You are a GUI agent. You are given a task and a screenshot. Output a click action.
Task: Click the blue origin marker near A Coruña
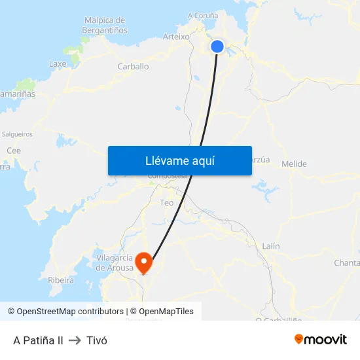(x=217, y=46)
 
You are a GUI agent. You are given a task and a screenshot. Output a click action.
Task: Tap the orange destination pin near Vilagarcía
(x=143, y=262)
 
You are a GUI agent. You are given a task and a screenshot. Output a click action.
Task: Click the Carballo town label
(x=133, y=66)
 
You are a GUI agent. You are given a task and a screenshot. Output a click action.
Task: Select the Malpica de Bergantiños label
(x=105, y=25)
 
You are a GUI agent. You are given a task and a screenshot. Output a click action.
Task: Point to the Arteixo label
(x=175, y=37)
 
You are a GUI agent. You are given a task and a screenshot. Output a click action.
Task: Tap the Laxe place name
(x=58, y=64)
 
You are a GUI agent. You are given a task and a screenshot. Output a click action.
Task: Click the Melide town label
(x=294, y=164)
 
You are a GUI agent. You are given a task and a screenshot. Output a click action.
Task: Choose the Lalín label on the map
(x=270, y=246)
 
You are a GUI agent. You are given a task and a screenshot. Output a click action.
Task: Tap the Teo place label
(x=167, y=203)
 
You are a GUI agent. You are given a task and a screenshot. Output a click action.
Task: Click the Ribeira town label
(x=61, y=279)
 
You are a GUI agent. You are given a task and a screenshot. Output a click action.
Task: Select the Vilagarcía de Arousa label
(x=115, y=262)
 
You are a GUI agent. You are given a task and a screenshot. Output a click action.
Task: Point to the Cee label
(x=13, y=151)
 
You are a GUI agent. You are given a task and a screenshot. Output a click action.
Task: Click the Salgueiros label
(x=17, y=134)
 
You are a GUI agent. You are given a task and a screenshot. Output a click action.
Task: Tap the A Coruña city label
(x=203, y=15)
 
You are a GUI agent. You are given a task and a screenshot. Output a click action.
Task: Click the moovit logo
(x=320, y=339)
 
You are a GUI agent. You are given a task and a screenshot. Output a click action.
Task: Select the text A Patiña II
(x=38, y=340)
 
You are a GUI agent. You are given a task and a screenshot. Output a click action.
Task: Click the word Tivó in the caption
(x=97, y=340)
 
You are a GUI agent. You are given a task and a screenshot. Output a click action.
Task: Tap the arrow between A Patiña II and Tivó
(x=75, y=340)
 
